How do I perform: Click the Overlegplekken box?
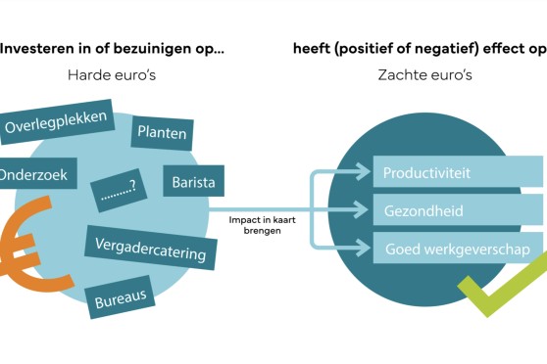click(56, 122)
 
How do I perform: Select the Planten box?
click(162, 133)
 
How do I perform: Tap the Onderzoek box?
click(37, 173)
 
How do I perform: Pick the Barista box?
click(194, 181)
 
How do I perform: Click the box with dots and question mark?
click(119, 190)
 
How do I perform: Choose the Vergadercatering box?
click(151, 248)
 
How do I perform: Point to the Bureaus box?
click(121, 297)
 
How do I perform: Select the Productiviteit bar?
click(458, 171)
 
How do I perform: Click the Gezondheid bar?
click(458, 210)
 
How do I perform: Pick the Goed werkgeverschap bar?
click(458, 248)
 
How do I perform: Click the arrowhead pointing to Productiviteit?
click(363, 171)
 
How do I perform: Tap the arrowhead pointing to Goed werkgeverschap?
click(363, 248)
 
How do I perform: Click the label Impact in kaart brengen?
click(263, 225)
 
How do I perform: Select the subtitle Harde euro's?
click(112, 75)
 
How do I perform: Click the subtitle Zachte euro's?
click(424, 75)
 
